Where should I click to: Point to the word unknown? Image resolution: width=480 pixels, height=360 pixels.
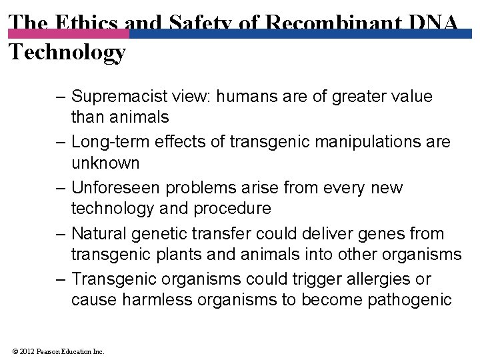(105, 163)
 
